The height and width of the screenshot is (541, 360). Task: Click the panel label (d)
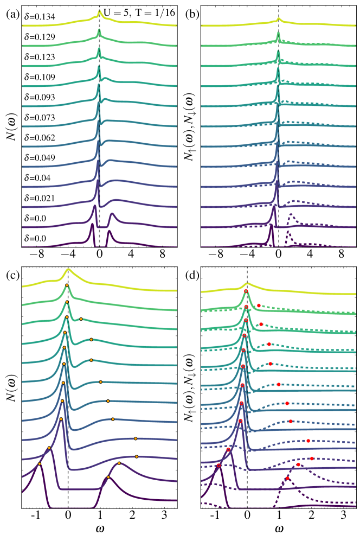coord(191,275)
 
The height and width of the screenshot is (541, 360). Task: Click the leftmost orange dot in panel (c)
coord(40,464)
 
